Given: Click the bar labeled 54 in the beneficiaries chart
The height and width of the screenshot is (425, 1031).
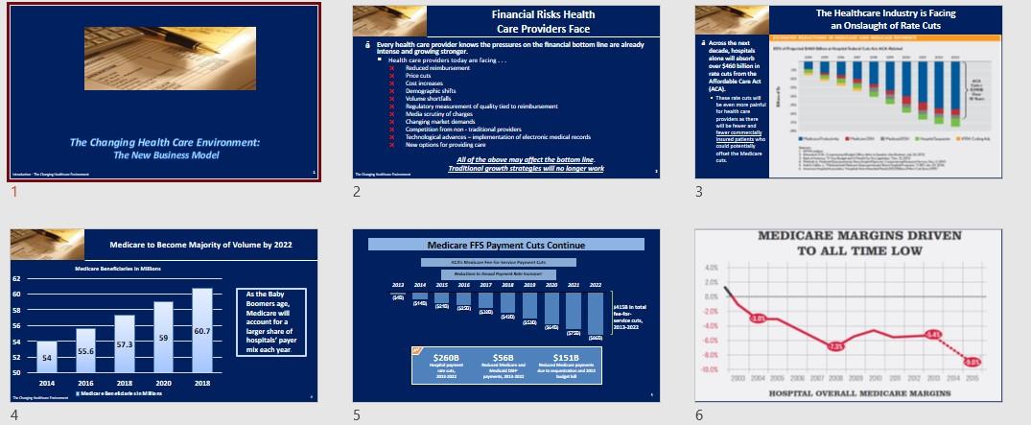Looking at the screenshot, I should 47,357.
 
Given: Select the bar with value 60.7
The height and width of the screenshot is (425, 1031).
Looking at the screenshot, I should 201,331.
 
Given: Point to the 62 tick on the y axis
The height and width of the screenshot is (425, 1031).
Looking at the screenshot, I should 16,279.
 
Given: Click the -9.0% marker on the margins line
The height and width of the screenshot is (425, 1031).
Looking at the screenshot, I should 972,362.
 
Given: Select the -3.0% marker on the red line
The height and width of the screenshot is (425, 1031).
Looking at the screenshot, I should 758,318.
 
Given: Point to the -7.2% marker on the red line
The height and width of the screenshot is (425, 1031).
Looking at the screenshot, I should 835,346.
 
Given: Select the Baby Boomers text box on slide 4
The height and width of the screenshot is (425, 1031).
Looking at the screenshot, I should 271,321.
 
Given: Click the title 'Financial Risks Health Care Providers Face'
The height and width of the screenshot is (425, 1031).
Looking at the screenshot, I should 543,21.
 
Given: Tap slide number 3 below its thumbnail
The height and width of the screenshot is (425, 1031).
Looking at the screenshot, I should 699,191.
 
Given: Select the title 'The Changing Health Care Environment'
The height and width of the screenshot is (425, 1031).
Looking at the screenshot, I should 165,143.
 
